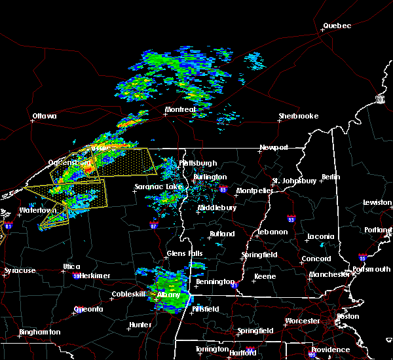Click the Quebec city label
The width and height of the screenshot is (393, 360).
point(337,26)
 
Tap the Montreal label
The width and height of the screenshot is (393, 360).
point(180,109)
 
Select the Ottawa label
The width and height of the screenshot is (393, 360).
point(44,117)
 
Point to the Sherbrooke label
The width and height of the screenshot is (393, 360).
point(298,117)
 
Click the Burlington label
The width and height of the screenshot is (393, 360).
point(210,177)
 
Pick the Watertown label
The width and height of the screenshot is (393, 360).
point(37,211)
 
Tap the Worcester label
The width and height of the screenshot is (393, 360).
point(303,321)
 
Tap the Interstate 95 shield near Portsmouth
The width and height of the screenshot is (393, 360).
point(362,258)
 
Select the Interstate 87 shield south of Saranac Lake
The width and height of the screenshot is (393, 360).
point(153,226)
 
